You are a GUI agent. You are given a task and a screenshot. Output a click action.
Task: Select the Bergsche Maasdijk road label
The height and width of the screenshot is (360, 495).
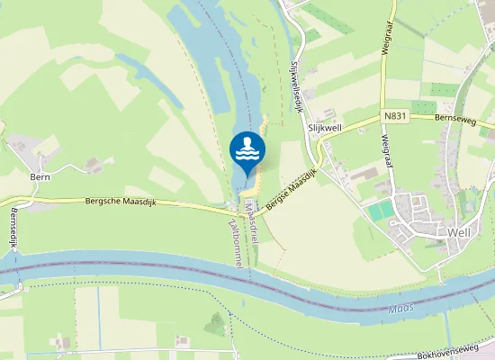pos(121,202)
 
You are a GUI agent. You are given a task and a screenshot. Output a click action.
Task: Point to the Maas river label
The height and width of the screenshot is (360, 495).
pos(401,309)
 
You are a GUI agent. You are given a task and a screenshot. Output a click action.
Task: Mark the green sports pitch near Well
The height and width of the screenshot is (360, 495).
pos(382,210)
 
